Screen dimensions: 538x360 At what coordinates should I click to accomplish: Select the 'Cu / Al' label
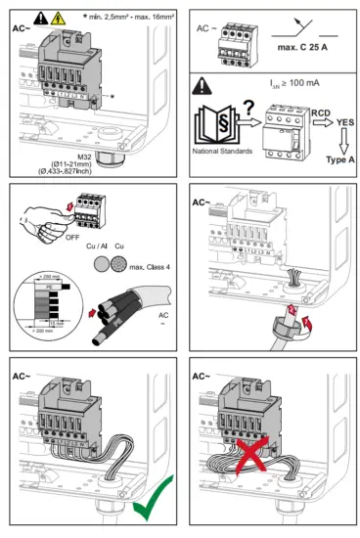click(x=99, y=221)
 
